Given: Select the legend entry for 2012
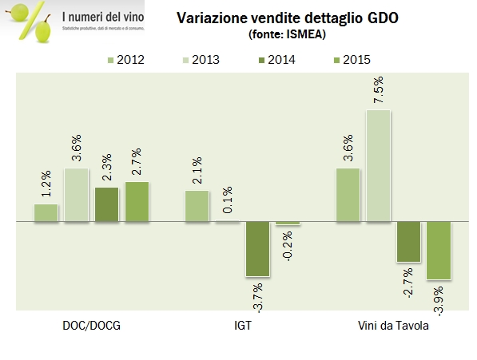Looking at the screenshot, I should coord(125,58).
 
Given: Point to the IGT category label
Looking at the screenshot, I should coord(241,326).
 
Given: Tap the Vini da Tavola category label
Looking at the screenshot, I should coord(393,326).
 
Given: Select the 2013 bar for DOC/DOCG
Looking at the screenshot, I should coord(77,195).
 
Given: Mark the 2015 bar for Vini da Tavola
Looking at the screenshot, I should coord(439,251).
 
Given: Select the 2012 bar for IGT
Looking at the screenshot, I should coord(197,206).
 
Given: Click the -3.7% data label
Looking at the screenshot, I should coord(258,296).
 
